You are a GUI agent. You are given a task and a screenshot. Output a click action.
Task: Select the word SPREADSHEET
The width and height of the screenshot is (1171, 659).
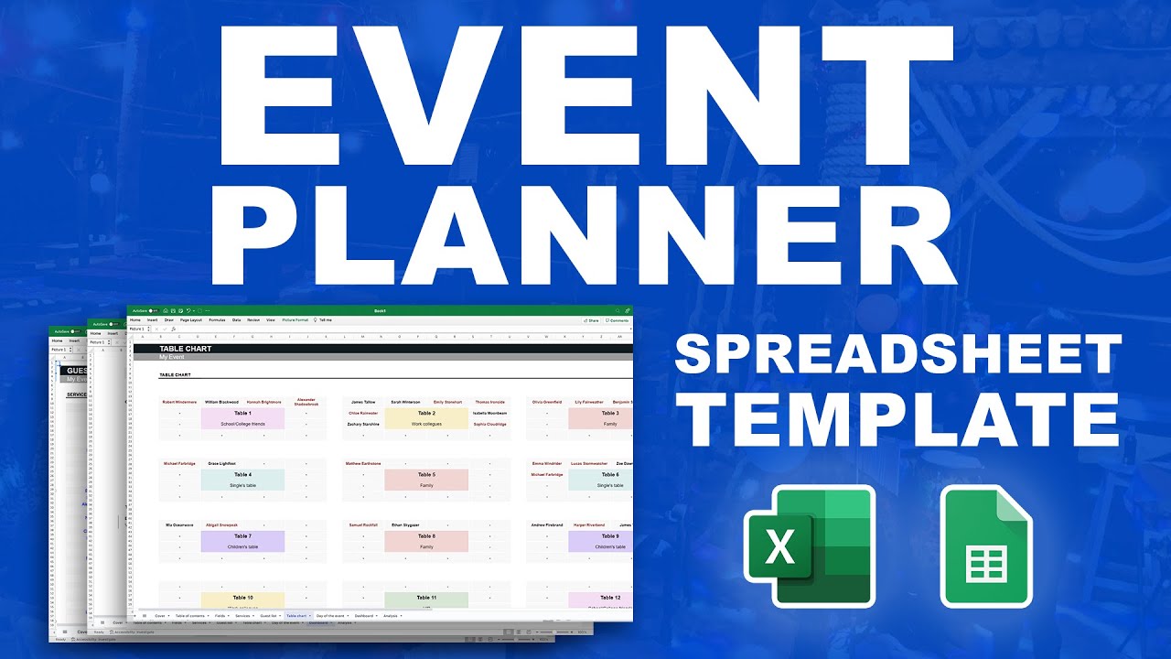pyautogui.click(x=897, y=353)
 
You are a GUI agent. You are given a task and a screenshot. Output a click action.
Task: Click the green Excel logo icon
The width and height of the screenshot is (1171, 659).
pyautogui.click(x=810, y=546)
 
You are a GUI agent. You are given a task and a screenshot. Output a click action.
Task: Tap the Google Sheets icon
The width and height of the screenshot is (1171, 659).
pyautogui.click(x=986, y=547)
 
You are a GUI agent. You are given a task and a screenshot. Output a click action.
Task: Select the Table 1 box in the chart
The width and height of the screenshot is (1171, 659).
pyautogui.click(x=242, y=418)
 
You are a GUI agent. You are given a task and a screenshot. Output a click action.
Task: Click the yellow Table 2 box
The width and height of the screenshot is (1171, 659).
pyautogui.click(x=426, y=418)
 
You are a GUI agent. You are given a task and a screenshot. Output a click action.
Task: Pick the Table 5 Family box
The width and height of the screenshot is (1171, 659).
pyautogui.click(x=426, y=480)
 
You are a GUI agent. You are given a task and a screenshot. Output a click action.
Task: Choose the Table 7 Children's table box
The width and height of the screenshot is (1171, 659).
pyautogui.click(x=242, y=541)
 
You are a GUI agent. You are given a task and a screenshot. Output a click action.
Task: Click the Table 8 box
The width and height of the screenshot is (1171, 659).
pyautogui.click(x=426, y=541)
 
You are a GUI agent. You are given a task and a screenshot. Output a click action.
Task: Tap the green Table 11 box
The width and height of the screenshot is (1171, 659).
pyautogui.click(x=426, y=600)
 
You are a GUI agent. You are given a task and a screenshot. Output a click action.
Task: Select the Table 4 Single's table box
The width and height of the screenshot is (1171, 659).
pyautogui.click(x=242, y=480)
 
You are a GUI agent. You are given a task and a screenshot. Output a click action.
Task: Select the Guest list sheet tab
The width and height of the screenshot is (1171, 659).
pyautogui.click(x=268, y=616)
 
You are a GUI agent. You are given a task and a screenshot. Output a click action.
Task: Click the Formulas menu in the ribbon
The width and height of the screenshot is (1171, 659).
pyautogui.click(x=217, y=320)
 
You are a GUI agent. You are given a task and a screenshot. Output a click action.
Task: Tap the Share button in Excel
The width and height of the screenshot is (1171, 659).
pyautogui.click(x=592, y=320)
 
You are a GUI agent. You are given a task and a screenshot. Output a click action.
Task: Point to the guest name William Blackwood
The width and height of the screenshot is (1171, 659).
pyautogui.click(x=221, y=402)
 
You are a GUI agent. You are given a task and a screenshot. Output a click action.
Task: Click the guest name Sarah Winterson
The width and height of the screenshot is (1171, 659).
pyautogui.click(x=405, y=402)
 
